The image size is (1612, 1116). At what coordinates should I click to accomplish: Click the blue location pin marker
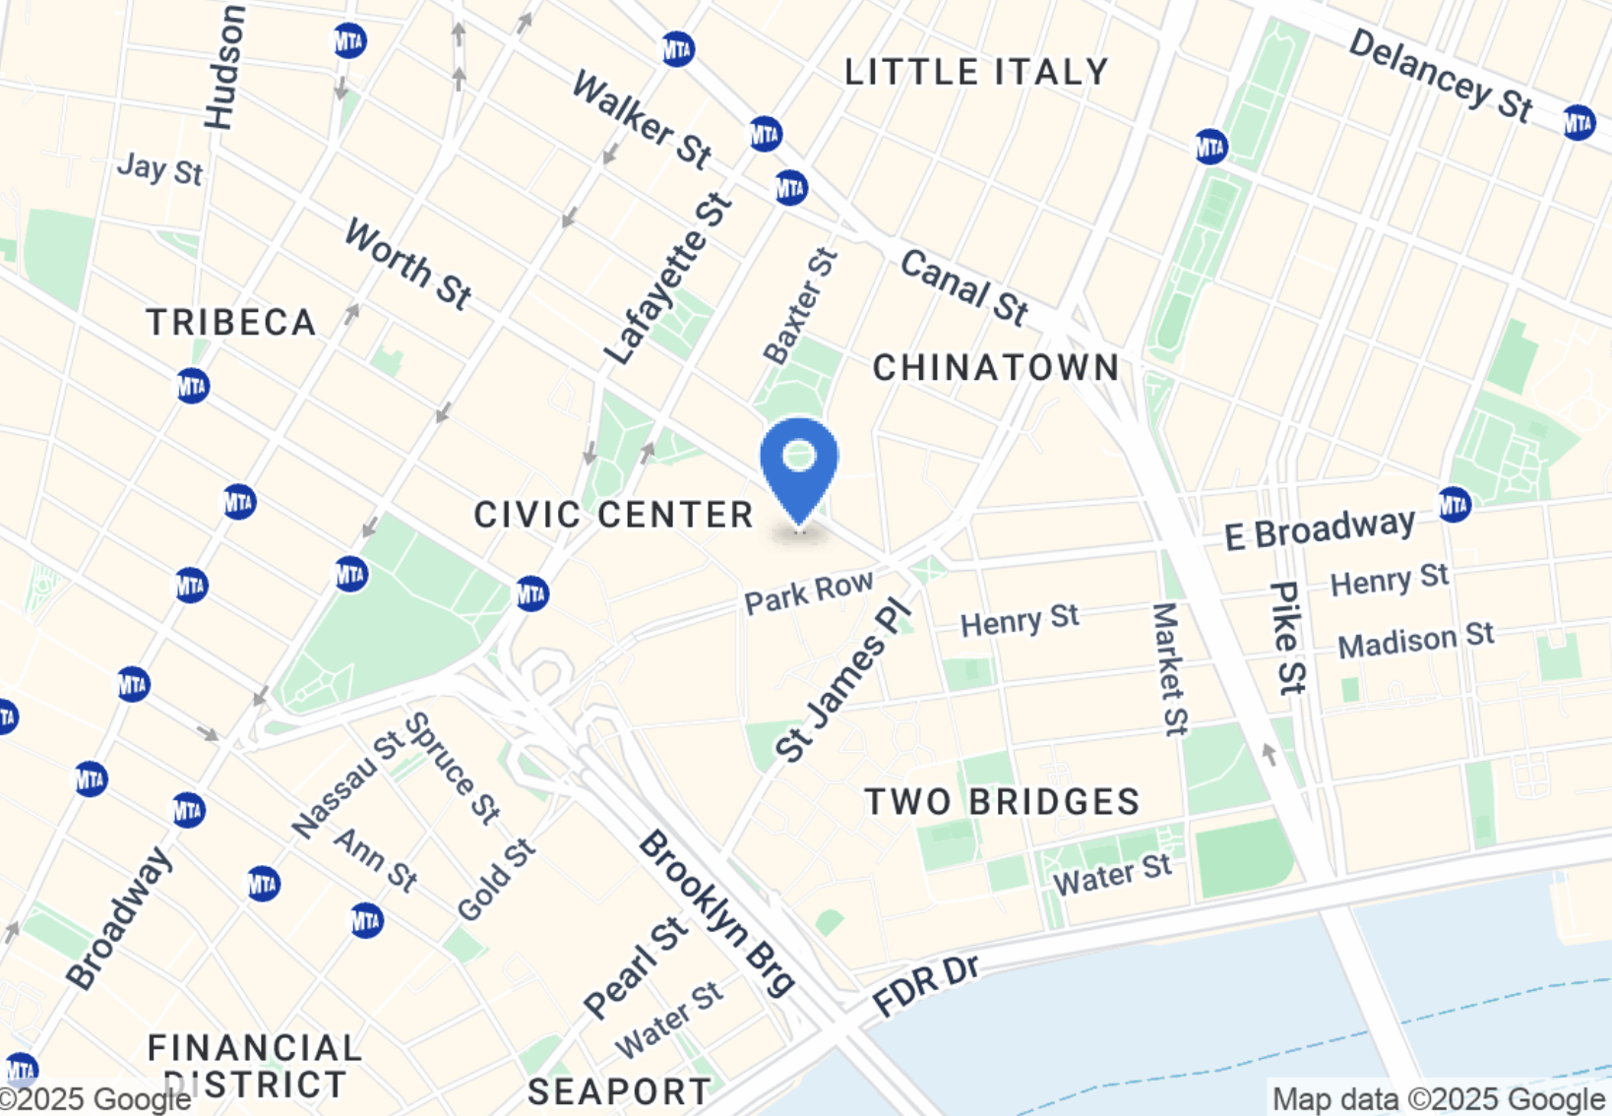click(799, 466)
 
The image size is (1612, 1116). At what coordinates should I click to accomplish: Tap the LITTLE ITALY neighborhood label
click(976, 72)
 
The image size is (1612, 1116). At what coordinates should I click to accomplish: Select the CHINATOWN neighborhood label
click(996, 368)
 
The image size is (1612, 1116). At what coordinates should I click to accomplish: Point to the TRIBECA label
click(231, 323)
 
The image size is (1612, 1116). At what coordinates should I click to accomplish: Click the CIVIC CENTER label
click(613, 515)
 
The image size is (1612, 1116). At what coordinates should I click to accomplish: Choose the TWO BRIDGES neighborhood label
click(1002, 802)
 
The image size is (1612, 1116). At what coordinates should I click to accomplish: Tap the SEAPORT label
click(619, 1091)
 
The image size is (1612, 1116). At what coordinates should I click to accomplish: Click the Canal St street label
click(964, 286)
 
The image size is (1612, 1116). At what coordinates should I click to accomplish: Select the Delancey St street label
click(1440, 76)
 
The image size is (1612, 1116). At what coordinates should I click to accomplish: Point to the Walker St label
click(642, 120)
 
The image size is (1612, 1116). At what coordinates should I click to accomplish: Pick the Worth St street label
click(407, 264)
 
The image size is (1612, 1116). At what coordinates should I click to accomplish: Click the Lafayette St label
click(668, 279)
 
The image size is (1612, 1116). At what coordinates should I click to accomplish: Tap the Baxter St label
click(800, 306)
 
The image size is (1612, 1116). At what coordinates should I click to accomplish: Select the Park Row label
click(808, 593)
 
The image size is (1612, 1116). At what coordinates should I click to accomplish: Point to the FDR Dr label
click(926, 985)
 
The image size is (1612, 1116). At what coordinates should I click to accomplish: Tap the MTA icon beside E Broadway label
click(1455, 505)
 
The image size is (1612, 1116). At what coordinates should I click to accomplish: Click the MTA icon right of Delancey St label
click(1579, 122)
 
